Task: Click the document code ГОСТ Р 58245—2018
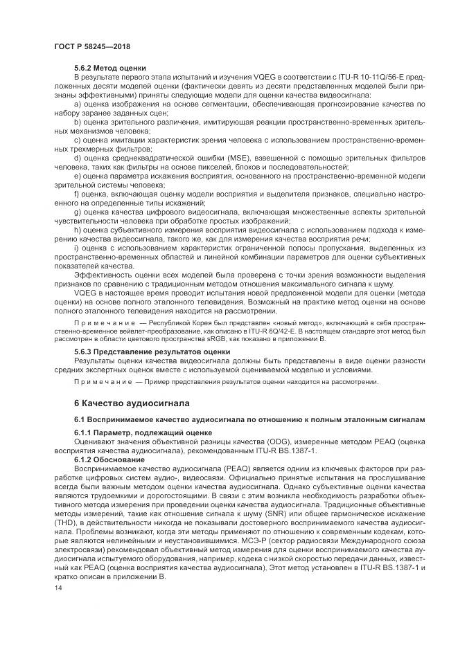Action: (x=93, y=46)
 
